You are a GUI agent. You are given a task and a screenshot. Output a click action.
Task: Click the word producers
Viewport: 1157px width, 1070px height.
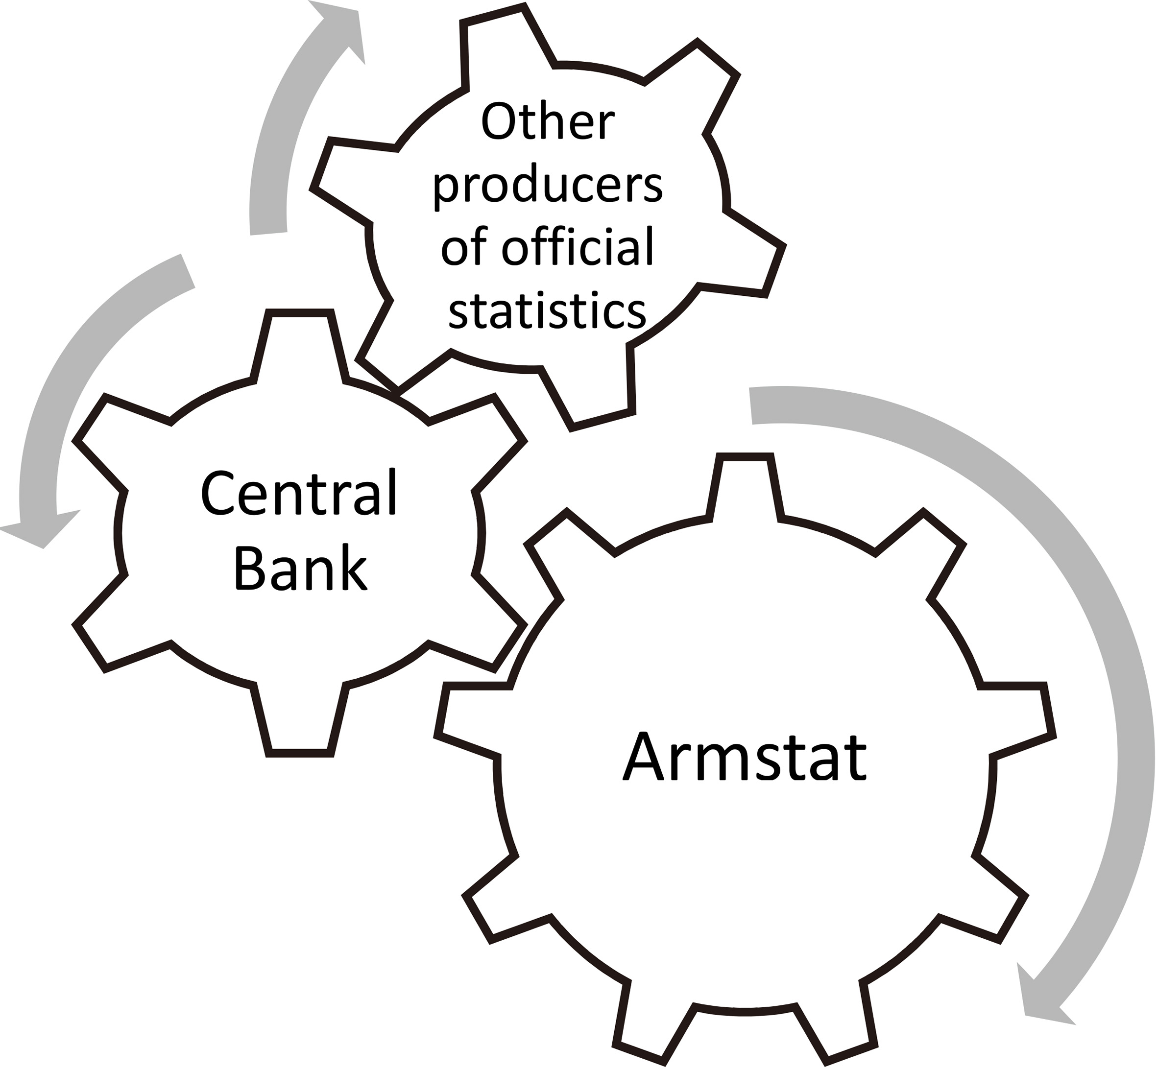[x=547, y=187]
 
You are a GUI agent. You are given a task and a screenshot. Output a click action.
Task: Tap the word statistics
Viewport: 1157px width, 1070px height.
[x=547, y=310]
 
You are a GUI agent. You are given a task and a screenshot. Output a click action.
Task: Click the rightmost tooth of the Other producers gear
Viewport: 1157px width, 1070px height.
[x=753, y=255]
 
